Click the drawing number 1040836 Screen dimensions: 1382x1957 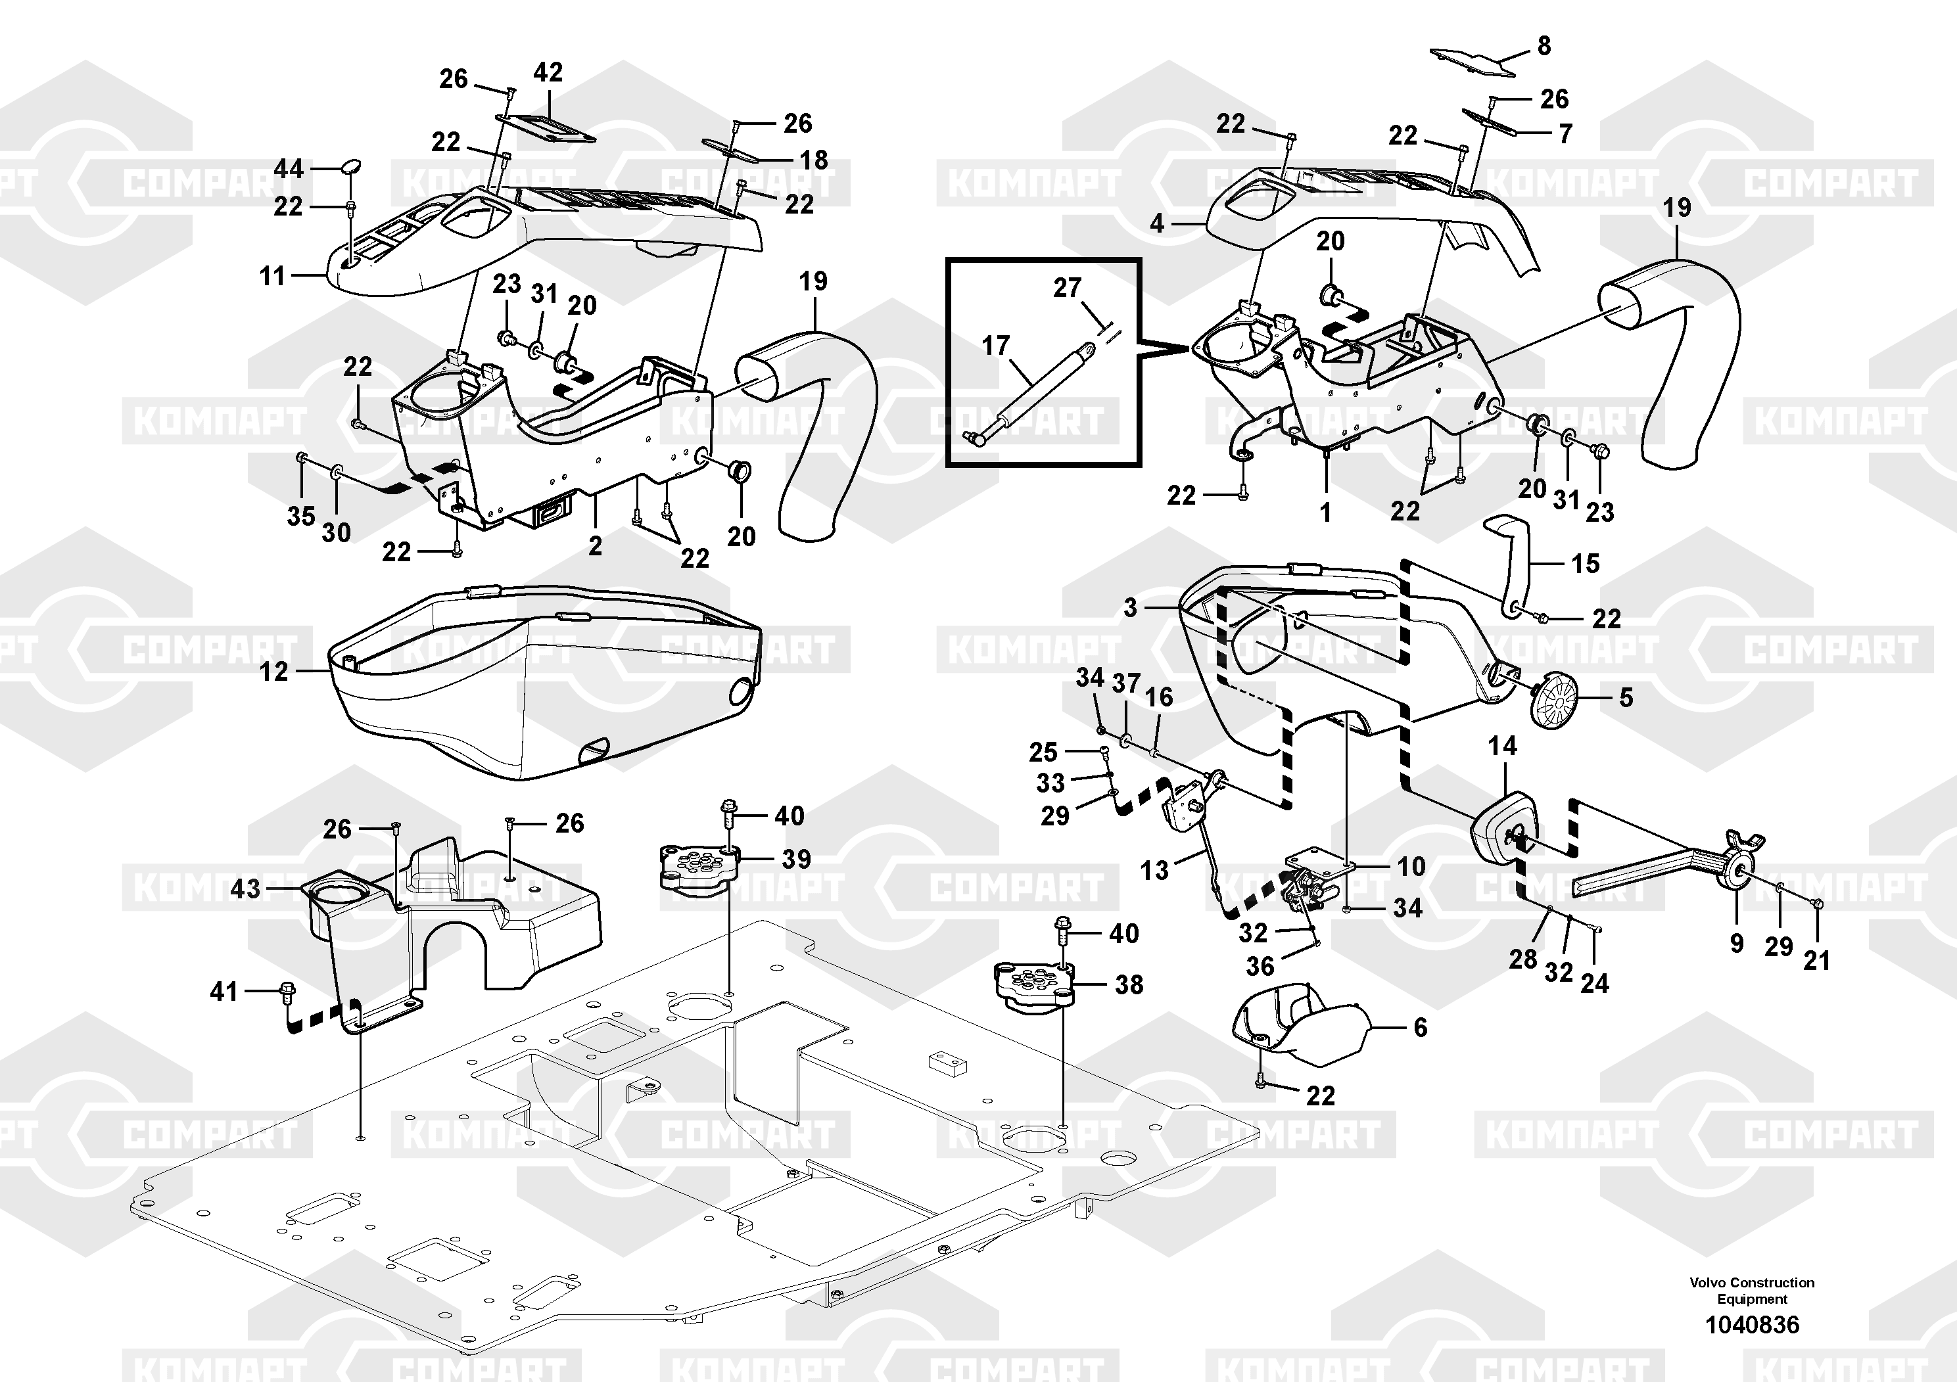[1752, 1325]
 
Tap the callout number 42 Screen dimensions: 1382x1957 [548, 74]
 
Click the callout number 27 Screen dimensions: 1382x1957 [1067, 288]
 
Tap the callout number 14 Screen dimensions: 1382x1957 [1502, 747]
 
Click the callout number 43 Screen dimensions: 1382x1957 [245, 888]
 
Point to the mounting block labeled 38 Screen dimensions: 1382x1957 [1033, 985]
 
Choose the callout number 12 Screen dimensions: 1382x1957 [273, 672]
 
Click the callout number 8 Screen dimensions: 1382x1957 [1544, 46]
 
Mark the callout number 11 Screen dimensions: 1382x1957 [272, 276]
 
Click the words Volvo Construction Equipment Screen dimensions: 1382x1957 [1752, 1291]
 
